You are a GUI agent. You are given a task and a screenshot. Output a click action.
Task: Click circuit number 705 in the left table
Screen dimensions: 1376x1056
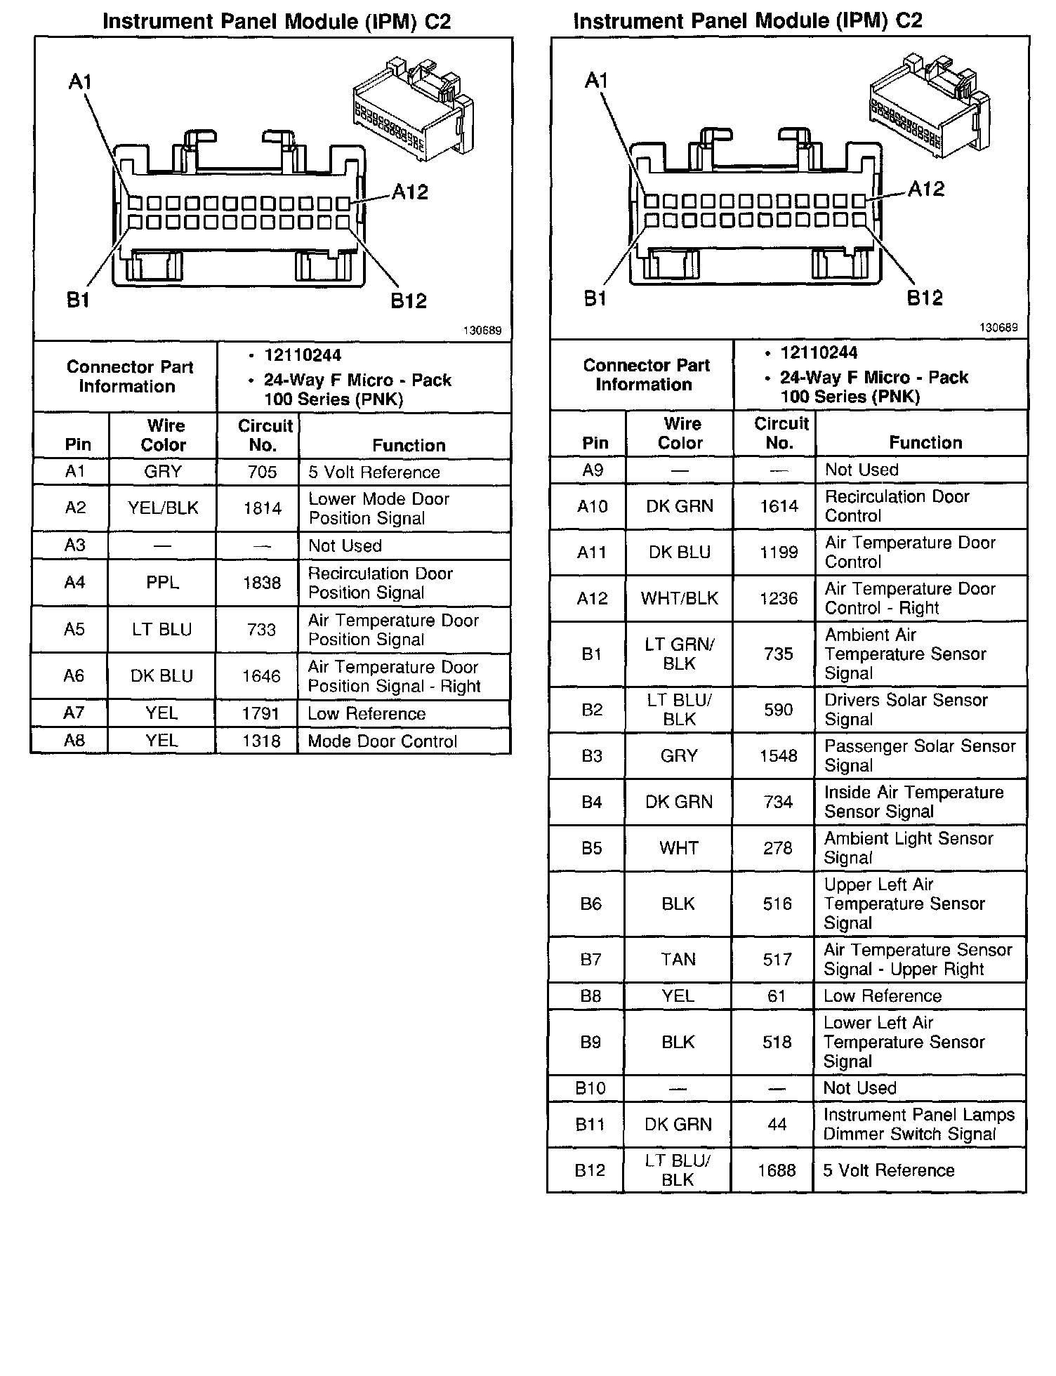coord(262,472)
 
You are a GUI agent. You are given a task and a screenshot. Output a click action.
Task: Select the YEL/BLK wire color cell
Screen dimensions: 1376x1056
coord(163,508)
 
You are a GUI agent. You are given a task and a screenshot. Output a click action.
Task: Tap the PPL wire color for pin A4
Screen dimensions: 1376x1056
coord(162,583)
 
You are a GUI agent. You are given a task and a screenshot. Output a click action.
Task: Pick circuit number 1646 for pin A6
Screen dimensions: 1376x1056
coord(261,676)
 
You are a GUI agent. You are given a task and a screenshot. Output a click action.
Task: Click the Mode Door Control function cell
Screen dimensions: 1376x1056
coord(382,741)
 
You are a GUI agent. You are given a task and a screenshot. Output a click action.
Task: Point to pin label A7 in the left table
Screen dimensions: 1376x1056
coord(74,713)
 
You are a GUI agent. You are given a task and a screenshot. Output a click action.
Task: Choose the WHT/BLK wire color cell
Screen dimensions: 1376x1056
coord(679,598)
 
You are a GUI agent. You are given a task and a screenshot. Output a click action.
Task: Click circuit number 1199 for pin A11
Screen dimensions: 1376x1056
coord(779,553)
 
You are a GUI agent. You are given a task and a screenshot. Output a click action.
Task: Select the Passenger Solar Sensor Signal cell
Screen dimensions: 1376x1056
coord(920,755)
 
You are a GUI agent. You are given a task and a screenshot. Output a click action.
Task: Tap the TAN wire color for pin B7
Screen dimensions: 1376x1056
coord(678,959)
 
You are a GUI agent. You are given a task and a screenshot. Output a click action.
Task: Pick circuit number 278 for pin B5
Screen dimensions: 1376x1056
coord(778,848)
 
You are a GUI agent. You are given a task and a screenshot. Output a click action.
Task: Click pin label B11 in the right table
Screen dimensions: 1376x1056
coord(590,1125)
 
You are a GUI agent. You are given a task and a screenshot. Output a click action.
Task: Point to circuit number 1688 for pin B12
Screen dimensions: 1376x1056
coord(777,1170)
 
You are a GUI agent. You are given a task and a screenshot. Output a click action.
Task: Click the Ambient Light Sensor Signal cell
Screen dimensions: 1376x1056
coord(909,848)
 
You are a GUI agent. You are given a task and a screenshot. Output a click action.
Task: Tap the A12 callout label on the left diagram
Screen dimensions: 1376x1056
coord(410,192)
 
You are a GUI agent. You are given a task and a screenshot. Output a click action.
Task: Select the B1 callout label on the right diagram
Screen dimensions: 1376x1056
coord(595,298)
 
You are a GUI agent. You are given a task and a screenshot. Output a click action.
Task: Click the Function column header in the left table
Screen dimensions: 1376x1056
coord(409,445)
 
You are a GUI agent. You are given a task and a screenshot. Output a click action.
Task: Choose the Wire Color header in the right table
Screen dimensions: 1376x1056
coord(681,433)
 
